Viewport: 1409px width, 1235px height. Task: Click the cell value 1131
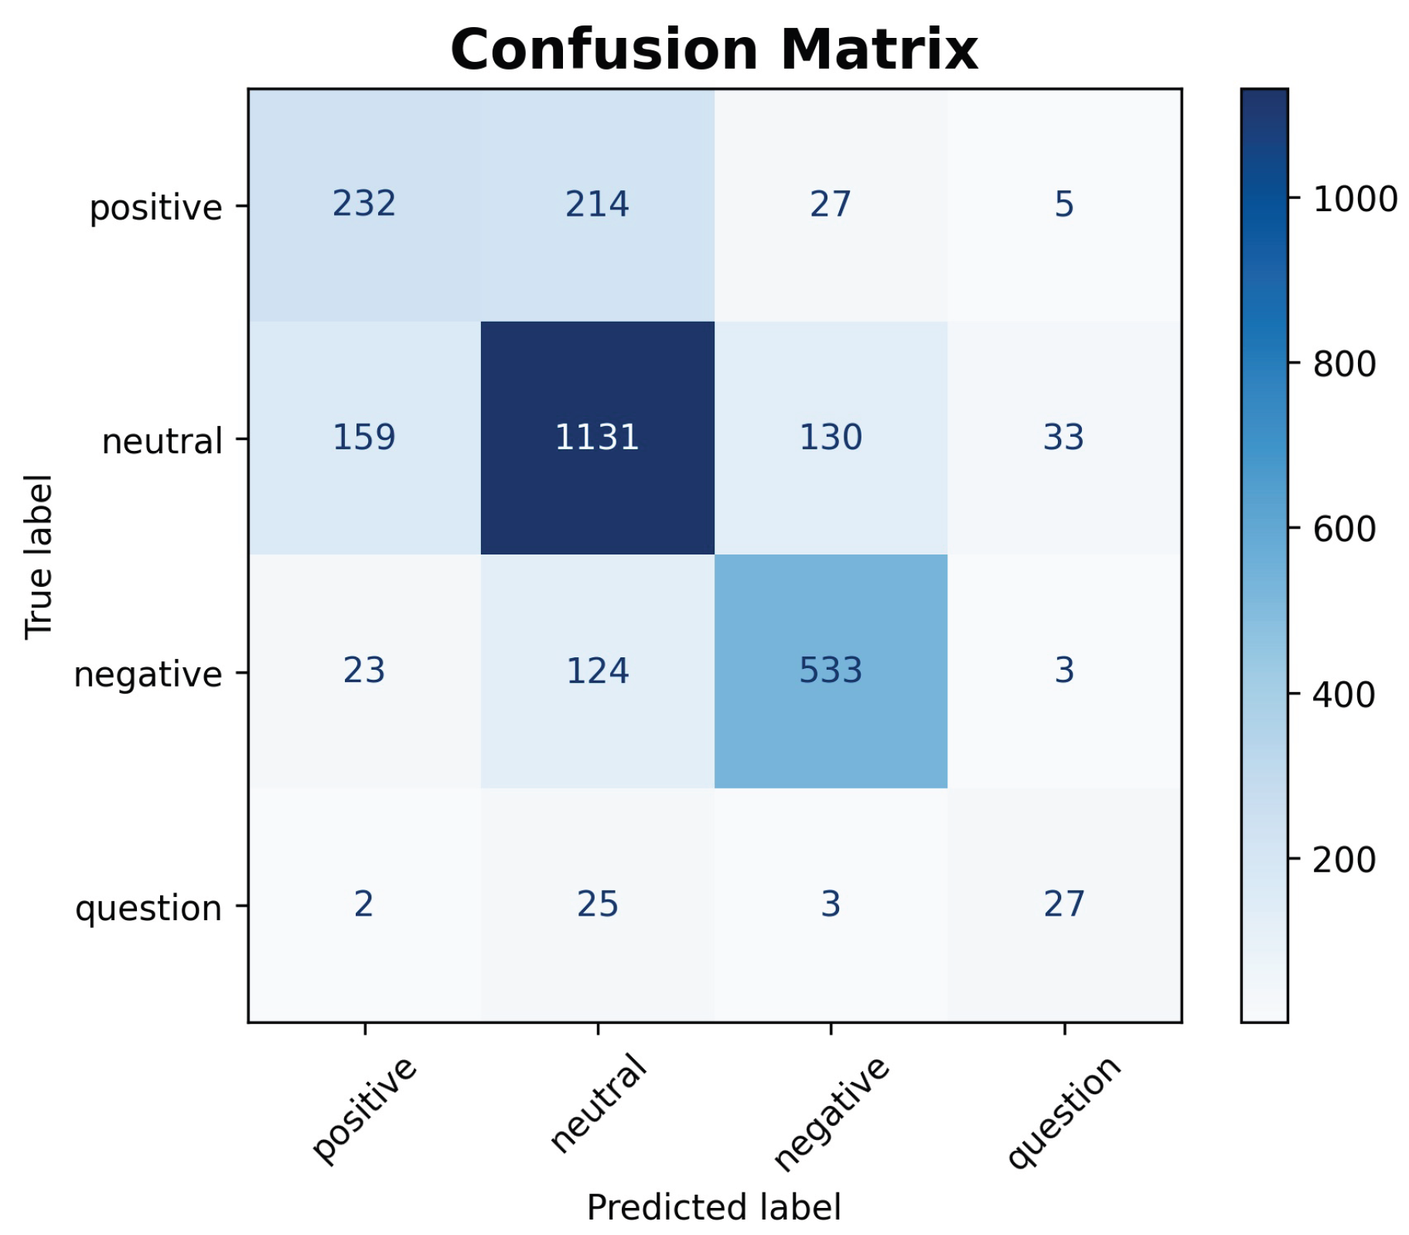pyautogui.click(x=597, y=438)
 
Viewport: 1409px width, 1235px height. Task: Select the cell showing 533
pyautogui.click(x=831, y=670)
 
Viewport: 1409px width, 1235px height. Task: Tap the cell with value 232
pyautogui.click(x=364, y=204)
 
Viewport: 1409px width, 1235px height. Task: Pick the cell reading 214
pyautogui.click(x=597, y=204)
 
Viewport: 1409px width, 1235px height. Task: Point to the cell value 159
pyautogui.click(x=364, y=438)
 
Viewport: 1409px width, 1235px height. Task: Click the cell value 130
pyautogui.click(x=831, y=438)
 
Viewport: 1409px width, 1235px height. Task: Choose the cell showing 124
pyautogui.click(x=597, y=670)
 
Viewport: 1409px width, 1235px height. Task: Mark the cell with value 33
pyautogui.click(x=1064, y=438)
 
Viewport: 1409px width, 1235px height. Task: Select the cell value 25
pyautogui.click(x=597, y=904)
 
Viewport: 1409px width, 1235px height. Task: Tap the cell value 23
pyautogui.click(x=364, y=670)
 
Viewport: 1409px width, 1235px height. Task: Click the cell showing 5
pyautogui.click(x=1064, y=204)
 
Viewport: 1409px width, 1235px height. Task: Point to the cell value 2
pyautogui.click(x=364, y=904)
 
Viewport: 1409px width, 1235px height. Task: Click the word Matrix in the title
pyautogui.click(x=879, y=49)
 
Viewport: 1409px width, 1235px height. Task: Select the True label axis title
pyautogui.click(x=39, y=557)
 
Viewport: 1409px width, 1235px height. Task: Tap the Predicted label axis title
pyautogui.click(x=714, y=1207)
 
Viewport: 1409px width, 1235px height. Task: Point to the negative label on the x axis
pyautogui.click(x=832, y=1114)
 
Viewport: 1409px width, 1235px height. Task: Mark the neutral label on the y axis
pyautogui.click(x=162, y=441)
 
